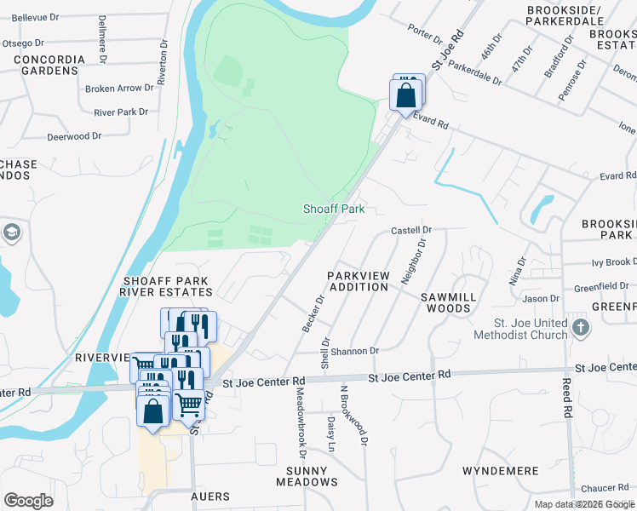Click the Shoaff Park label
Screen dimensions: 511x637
[335, 209]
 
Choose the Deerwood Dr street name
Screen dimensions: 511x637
[74, 136]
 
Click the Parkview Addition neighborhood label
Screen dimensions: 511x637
[358, 281]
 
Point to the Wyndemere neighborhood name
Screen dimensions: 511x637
[500, 471]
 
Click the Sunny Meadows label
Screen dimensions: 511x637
[307, 476]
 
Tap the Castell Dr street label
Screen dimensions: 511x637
[412, 230]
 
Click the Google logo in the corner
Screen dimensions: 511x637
[29, 501]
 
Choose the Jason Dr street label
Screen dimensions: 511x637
[542, 299]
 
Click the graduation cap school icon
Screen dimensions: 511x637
[11, 232]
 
